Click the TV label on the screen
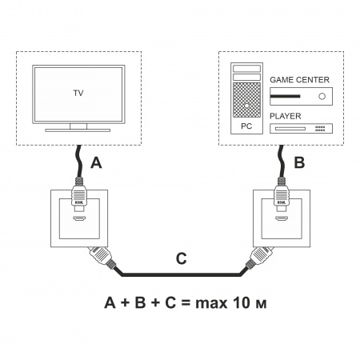tap(78, 93)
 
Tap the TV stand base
tap(78, 130)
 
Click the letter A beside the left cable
tap(96, 164)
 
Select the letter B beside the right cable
tap(299, 163)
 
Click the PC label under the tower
tap(246, 127)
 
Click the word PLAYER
tap(286, 116)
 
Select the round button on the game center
tap(322, 97)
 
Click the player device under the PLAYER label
tap(302, 129)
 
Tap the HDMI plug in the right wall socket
tap(281, 200)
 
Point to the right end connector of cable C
tap(259, 259)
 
